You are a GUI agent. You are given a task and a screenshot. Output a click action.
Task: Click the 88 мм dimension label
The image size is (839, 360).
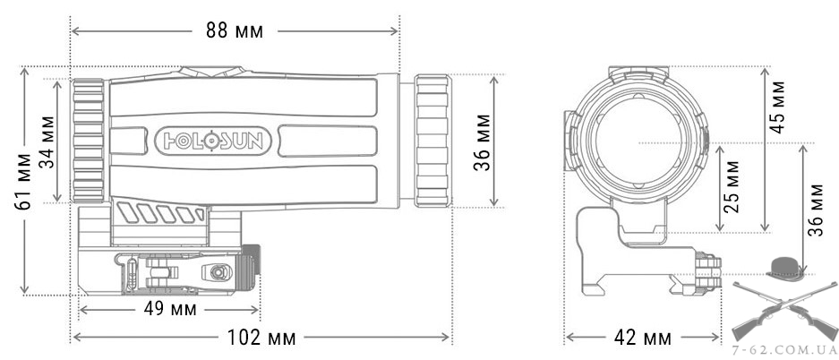[235, 31]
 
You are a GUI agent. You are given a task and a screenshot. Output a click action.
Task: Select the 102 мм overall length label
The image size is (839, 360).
[261, 337]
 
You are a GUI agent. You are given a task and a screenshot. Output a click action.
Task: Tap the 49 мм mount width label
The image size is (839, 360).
[170, 309]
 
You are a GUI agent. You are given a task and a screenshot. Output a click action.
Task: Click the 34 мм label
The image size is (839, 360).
[48, 141]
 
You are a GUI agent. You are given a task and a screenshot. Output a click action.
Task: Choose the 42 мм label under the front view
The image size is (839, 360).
[643, 338]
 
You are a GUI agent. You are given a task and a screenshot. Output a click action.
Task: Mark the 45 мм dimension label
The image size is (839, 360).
[777, 107]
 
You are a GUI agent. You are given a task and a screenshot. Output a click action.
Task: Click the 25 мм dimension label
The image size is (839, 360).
[731, 186]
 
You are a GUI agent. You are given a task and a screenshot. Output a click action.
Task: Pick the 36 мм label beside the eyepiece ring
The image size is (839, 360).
[483, 142]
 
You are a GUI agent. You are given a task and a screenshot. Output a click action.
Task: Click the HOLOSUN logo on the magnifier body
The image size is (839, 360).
[213, 141]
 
